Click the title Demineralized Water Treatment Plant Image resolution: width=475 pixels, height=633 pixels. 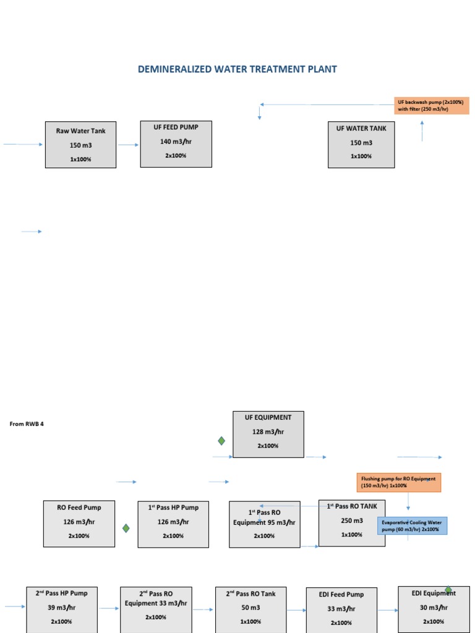click(237, 69)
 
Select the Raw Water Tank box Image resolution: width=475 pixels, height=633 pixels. click(80, 145)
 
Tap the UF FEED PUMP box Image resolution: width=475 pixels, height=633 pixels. click(176, 143)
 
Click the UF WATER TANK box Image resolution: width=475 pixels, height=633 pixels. click(361, 144)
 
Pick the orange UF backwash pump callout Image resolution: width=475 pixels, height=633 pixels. click(432, 105)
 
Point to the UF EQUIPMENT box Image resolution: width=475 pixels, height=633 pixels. click(268, 434)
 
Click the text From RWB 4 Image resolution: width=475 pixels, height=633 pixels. click(27, 424)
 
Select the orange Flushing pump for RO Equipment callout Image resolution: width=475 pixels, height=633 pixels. click(399, 482)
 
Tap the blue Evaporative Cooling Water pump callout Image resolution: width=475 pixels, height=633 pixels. click(413, 525)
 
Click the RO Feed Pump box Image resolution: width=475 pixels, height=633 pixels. click(79, 524)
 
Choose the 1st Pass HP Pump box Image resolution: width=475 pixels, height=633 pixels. click(173, 524)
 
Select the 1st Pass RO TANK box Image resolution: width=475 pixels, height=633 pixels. click(352, 523)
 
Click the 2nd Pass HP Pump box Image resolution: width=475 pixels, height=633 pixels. click(62, 609)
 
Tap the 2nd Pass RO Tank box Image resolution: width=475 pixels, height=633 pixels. click(250, 609)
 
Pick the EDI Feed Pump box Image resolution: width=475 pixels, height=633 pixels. click(341, 610)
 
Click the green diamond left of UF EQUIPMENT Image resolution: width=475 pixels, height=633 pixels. click(221, 441)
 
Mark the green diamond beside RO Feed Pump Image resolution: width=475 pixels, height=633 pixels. click(126, 528)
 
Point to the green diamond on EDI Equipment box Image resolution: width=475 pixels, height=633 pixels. click(448, 590)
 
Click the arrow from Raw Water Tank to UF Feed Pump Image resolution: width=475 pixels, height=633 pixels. click(128, 145)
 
